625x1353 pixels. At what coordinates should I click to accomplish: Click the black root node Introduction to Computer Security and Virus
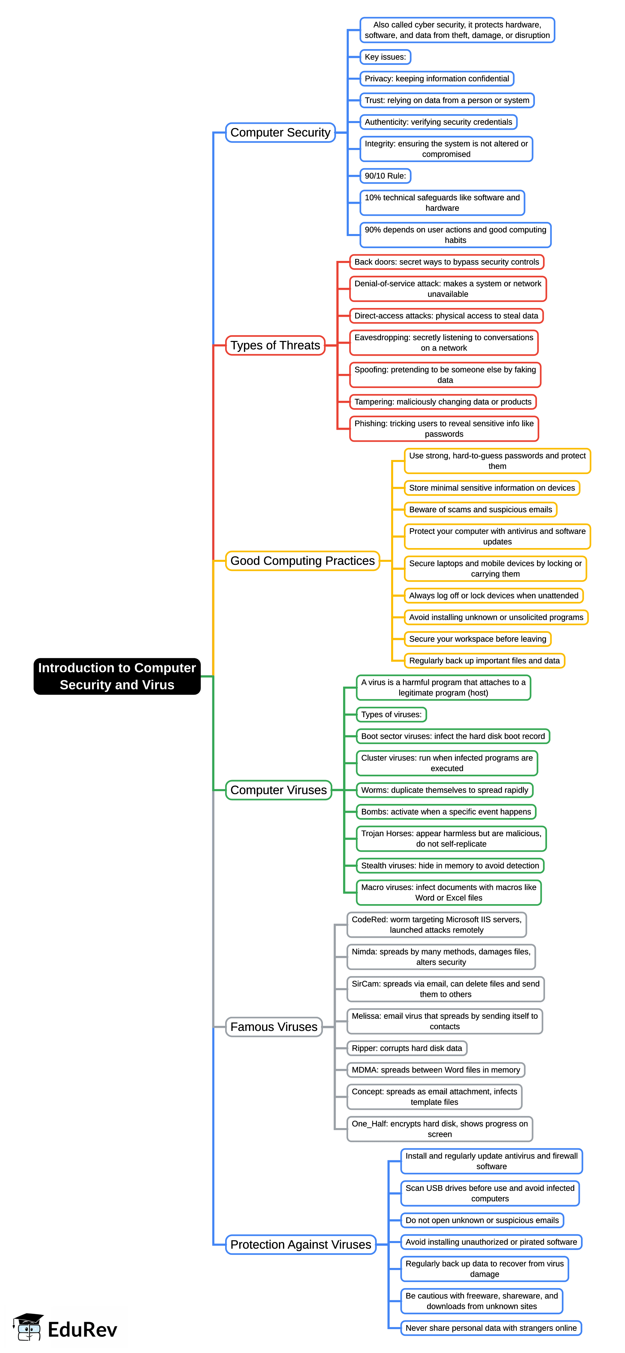(117, 676)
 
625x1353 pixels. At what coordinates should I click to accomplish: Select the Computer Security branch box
(280, 132)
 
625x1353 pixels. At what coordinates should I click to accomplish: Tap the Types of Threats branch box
(275, 345)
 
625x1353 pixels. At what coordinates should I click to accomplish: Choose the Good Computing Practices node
(302, 560)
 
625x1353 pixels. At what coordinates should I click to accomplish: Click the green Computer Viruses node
(278, 790)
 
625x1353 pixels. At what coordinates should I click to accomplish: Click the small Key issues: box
(385, 57)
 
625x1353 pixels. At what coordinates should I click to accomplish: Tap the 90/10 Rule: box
(385, 176)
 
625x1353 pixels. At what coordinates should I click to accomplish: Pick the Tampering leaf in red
(443, 402)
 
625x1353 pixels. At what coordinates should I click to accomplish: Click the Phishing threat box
(444, 429)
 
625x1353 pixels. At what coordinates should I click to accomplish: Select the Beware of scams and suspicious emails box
(480, 509)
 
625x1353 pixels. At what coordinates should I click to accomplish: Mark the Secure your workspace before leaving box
(477, 639)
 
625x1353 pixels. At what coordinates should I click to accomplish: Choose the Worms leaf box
(444, 790)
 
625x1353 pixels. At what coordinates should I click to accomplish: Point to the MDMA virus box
(435, 1070)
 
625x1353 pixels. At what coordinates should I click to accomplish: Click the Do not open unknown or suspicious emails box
(482, 1220)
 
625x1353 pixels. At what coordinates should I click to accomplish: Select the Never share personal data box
(491, 1328)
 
